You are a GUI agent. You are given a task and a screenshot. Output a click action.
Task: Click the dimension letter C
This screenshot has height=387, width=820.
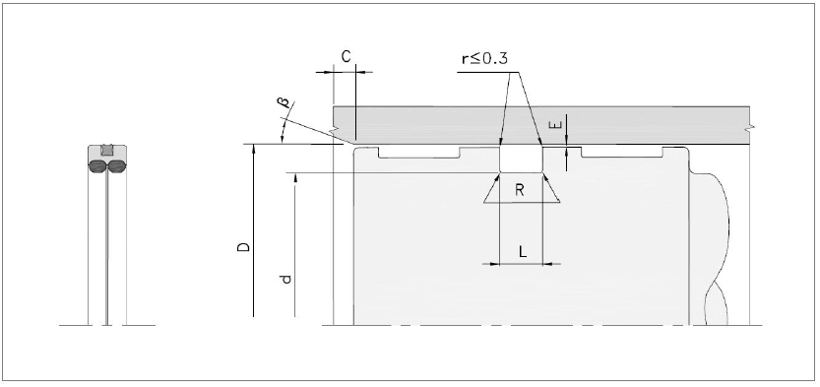click(347, 56)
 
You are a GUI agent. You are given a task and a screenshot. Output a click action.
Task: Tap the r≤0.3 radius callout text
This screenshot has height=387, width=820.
click(484, 58)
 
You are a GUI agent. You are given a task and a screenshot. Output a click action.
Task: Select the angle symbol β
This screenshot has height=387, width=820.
click(286, 103)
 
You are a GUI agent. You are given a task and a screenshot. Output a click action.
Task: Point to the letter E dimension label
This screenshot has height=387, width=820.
click(557, 124)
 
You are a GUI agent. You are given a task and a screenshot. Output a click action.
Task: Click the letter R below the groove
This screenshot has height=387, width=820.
click(520, 190)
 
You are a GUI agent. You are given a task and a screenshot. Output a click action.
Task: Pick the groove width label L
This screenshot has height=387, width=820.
click(523, 252)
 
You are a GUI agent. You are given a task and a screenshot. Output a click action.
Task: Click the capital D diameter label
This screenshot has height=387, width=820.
click(243, 247)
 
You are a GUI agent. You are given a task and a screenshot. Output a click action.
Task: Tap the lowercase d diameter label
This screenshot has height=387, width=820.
click(285, 279)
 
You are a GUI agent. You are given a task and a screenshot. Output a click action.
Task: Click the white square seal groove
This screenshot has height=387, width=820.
click(521, 159)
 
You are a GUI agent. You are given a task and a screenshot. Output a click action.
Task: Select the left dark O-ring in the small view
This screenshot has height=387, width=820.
click(97, 166)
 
